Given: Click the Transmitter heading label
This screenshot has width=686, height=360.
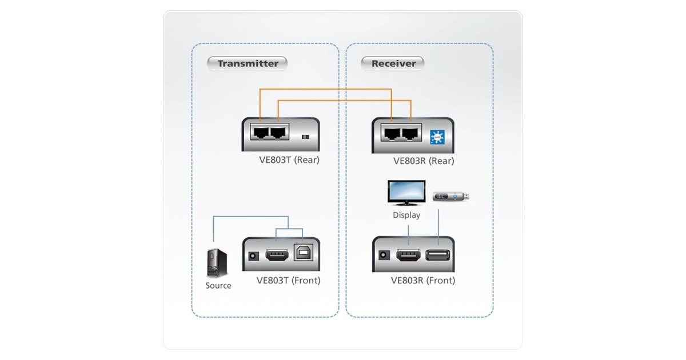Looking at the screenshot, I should pos(248,63).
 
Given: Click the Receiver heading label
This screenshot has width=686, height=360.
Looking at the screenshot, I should pos(393,63).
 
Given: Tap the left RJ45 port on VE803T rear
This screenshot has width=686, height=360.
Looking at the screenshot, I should pos(261,134).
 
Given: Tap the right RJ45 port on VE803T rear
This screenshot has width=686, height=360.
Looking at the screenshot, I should pos(278,134).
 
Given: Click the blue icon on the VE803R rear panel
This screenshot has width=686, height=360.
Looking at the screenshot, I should pos(437,137).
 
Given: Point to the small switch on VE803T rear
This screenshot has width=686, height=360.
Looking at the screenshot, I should pos(305,137).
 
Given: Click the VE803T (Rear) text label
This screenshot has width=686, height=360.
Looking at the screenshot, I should pos(289,160).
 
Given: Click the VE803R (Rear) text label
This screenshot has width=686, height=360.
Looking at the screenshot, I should pos(424,161).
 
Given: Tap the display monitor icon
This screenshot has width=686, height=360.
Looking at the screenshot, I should pos(406,193).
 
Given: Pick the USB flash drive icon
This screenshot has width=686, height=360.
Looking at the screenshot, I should pos(450,197).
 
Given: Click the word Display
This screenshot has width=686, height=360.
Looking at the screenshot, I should pos(406,215).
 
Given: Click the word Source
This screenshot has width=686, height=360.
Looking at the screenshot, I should pos(218,286).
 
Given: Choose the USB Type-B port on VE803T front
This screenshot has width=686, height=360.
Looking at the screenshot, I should pos(302,253).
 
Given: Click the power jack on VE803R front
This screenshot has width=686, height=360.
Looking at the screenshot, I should pos(384,255).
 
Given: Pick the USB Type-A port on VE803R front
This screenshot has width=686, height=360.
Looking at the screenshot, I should pos(438,255).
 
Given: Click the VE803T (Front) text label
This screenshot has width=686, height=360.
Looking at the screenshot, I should pos(289,281).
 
